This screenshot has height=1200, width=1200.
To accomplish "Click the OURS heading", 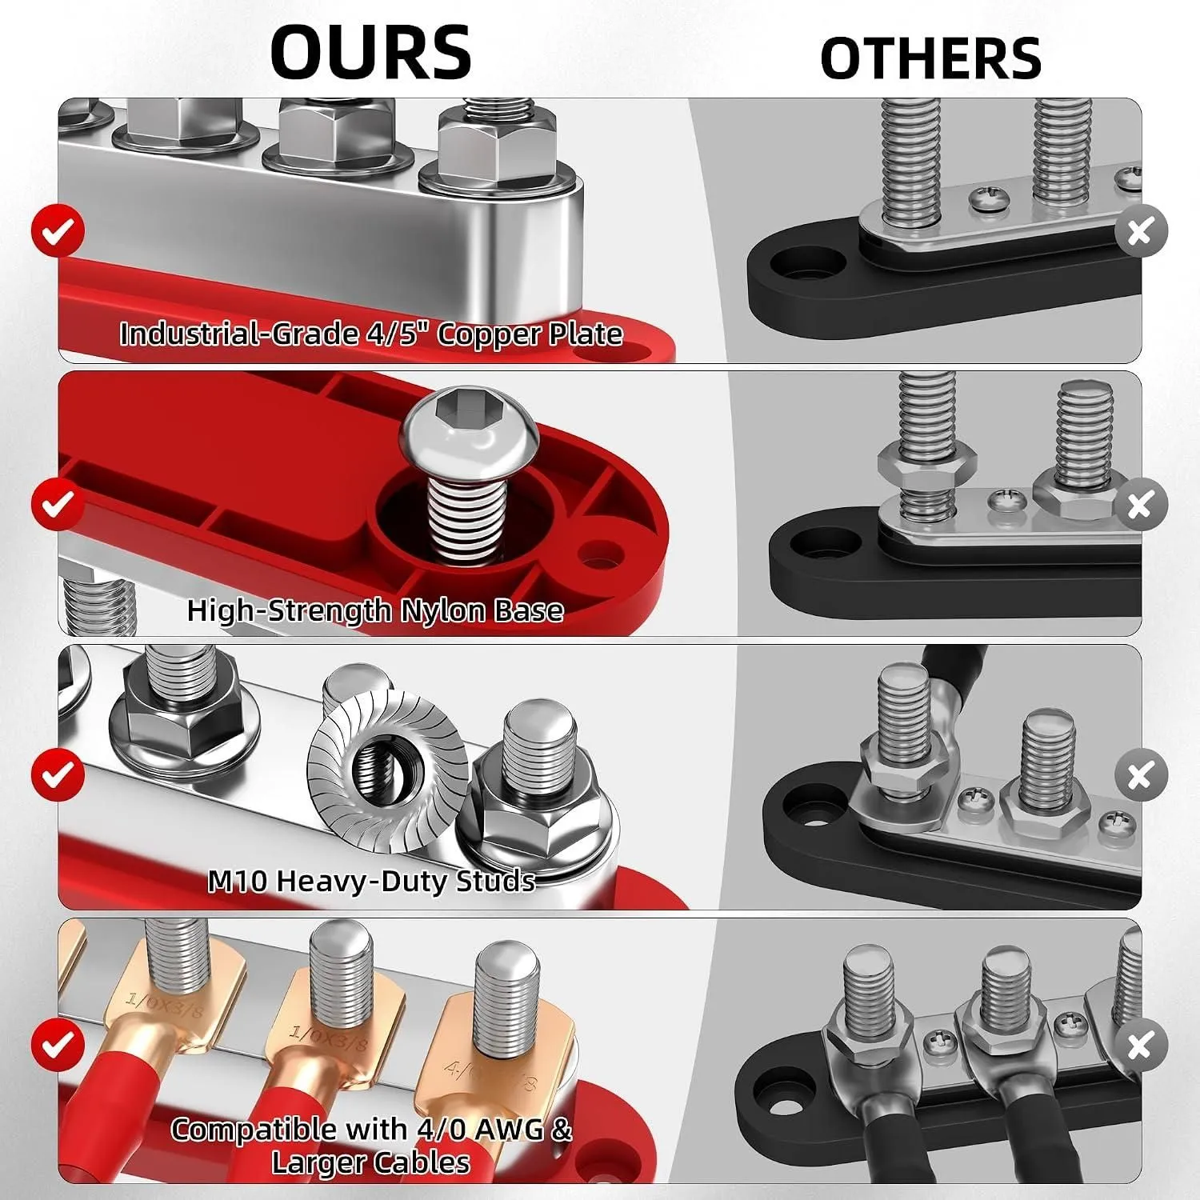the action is (370, 52).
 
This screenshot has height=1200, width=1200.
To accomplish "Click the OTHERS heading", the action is (930, 58).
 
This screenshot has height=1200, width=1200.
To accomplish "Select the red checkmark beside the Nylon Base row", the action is (58, 503).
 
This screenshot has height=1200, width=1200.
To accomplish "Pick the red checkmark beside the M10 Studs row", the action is (58, 774).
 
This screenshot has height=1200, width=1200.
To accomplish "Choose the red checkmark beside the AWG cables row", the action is (58, 1045).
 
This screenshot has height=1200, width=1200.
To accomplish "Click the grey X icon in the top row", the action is (1141, 231).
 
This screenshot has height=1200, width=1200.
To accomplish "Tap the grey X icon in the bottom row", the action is (1141, 1045).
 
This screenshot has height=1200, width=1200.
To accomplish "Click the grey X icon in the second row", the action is (1141, 503).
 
